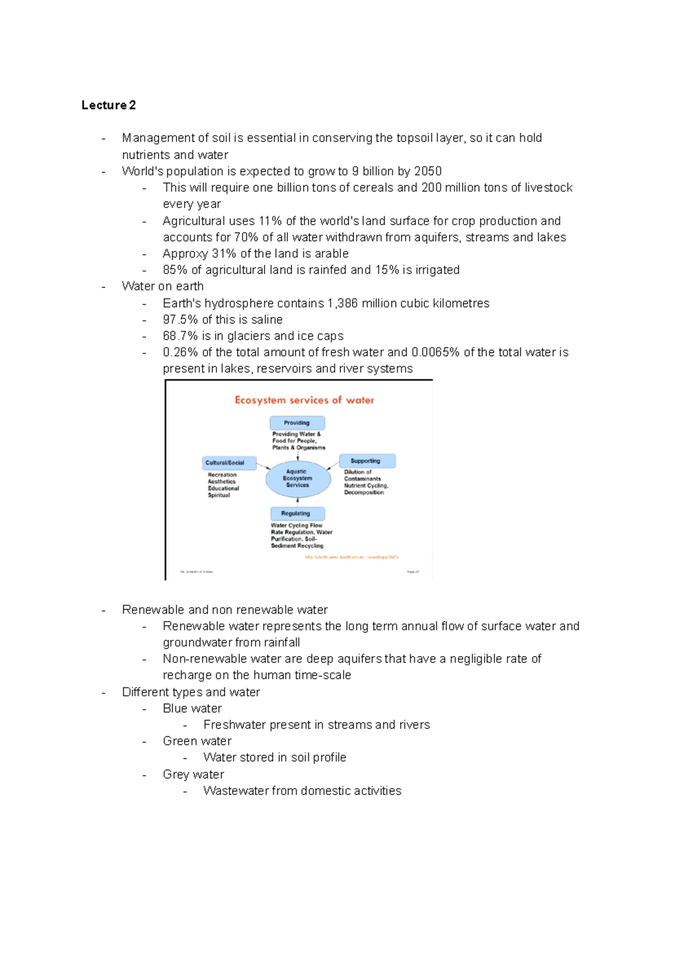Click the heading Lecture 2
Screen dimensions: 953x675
point(109,105)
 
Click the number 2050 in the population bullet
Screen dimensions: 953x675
point(427,171)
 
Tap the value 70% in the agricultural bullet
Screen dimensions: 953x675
point(245,237)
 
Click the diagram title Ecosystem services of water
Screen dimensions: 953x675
point(304,400)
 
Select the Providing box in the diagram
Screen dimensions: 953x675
point(297,422)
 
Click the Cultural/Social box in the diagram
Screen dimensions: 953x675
point(229,463)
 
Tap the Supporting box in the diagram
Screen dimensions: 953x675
point(367,461)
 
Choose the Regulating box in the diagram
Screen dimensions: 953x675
point(297,513)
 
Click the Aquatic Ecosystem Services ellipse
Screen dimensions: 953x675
point(298,479)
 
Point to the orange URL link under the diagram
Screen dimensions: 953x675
point(351,557)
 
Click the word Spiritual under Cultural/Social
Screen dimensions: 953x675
point(219,495)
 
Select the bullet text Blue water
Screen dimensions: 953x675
point(192,708)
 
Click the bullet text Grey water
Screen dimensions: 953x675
point(193,775)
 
